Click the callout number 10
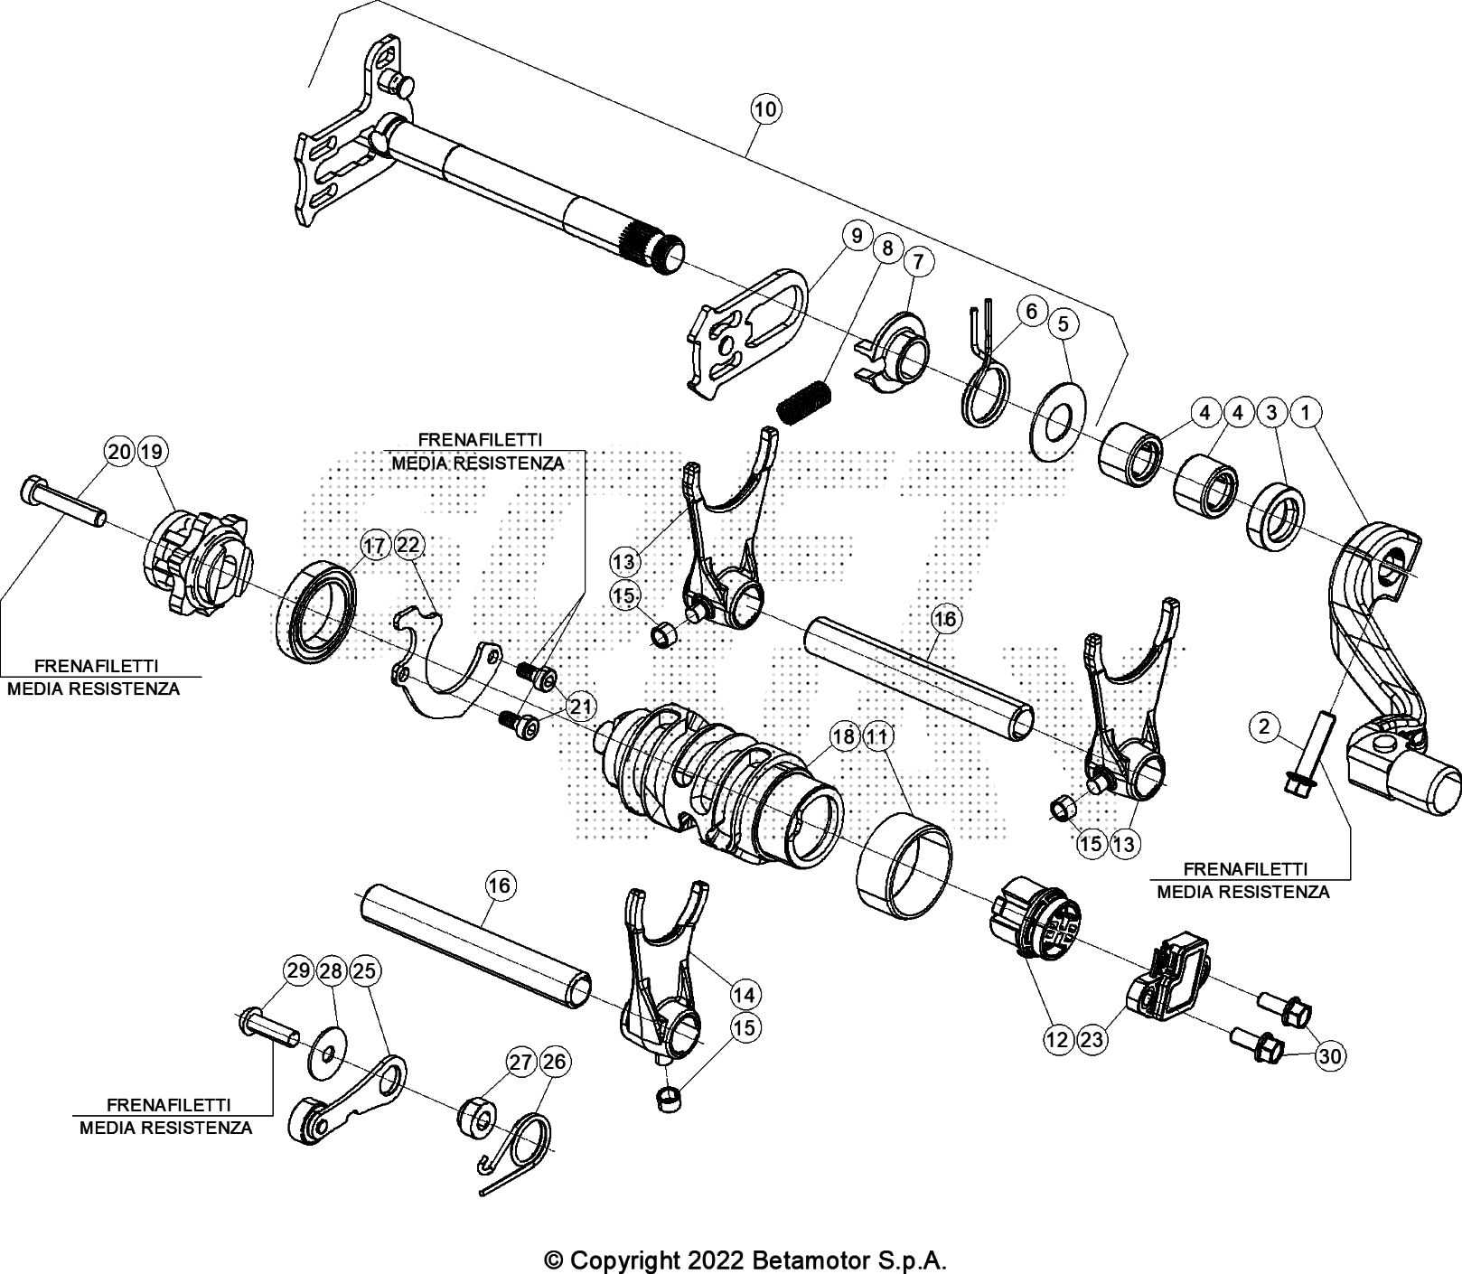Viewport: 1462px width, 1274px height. (x=764, y=110)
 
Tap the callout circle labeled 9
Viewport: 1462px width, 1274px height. (x=855, y=237)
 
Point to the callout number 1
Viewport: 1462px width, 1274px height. (x=1305, y=412)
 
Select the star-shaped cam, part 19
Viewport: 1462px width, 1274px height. (x=197, y=565)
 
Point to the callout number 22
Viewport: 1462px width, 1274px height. (x=408, y=545)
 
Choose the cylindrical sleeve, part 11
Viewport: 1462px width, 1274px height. (x=904, y=863)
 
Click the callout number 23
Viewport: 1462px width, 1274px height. (x=1092, y=1040)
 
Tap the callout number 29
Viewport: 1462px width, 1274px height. (x=297, y=971)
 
